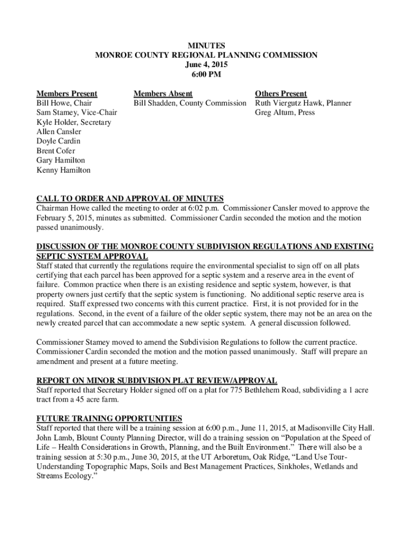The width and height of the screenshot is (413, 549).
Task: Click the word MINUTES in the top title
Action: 206,46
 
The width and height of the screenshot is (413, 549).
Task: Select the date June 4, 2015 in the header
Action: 206,65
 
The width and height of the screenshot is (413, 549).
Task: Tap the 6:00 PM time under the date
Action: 206,75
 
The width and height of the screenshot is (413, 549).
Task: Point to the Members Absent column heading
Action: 163,94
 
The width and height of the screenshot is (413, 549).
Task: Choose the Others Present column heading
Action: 281,94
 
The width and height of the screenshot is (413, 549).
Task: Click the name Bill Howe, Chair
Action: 64,103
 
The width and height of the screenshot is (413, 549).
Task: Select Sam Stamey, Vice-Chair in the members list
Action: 77,113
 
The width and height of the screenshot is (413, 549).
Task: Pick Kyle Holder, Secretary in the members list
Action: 73,122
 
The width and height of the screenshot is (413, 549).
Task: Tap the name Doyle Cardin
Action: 58,142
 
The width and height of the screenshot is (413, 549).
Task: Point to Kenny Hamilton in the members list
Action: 63,170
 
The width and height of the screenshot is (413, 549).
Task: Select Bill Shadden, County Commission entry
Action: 190,103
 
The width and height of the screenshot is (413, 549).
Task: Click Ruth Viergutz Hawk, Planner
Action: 303,103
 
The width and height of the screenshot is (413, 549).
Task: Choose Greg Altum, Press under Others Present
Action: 284,113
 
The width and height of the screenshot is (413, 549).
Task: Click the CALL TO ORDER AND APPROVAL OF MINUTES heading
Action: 130,199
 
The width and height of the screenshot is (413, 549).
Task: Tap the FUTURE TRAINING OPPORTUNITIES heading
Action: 109,418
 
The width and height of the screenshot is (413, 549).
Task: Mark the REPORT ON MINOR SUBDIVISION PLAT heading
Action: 157,381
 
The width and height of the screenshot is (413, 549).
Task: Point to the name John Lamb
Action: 53,437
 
